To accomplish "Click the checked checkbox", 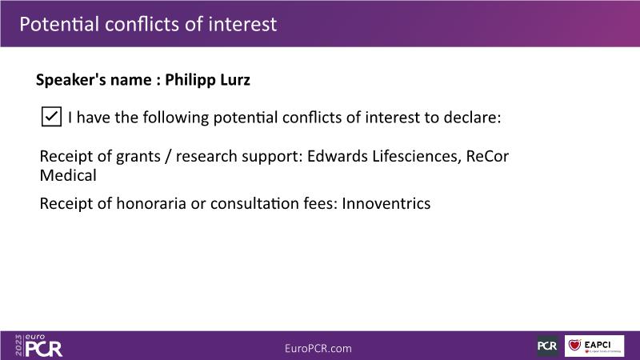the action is pyautogui.click(x=51, y=117).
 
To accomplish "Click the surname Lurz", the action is pyautogui.click(x=235, y=79).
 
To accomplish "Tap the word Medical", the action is pyautogui.click(x=68, y=175).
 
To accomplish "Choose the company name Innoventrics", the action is pyautogui.click(x=386, y=203).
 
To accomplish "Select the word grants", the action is pyautogui.click(x=138, y=157).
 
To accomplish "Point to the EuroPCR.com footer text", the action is pyautogui.click(x=318, y=348).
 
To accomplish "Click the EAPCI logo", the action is pyautogui.click(x=594, y=346).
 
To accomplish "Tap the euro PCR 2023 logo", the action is pyautogui.click(x=38, y=346).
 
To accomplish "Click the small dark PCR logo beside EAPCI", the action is pyautogui.click(x=547, y=346).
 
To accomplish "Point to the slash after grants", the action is pyautogui.click(x=168, y=157).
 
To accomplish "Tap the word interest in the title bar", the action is pyautogui.click(x=242, y=24).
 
